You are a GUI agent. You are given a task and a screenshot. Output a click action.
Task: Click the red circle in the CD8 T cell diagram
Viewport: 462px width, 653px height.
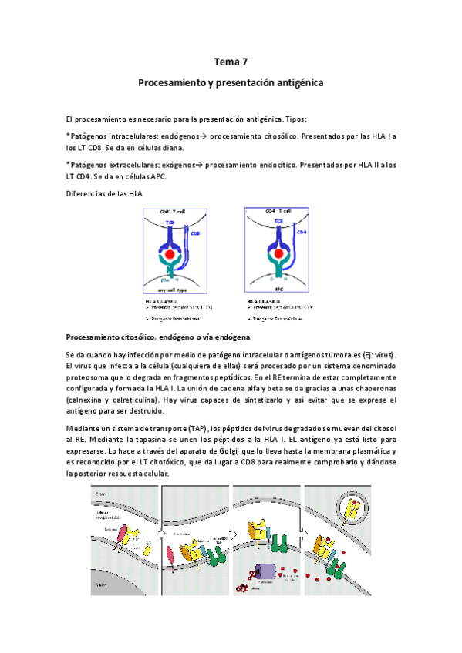pos(169,254)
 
